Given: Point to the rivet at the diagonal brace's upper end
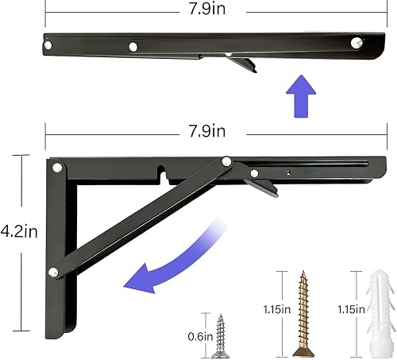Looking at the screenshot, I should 227,162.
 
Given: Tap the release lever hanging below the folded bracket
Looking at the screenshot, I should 242,64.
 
